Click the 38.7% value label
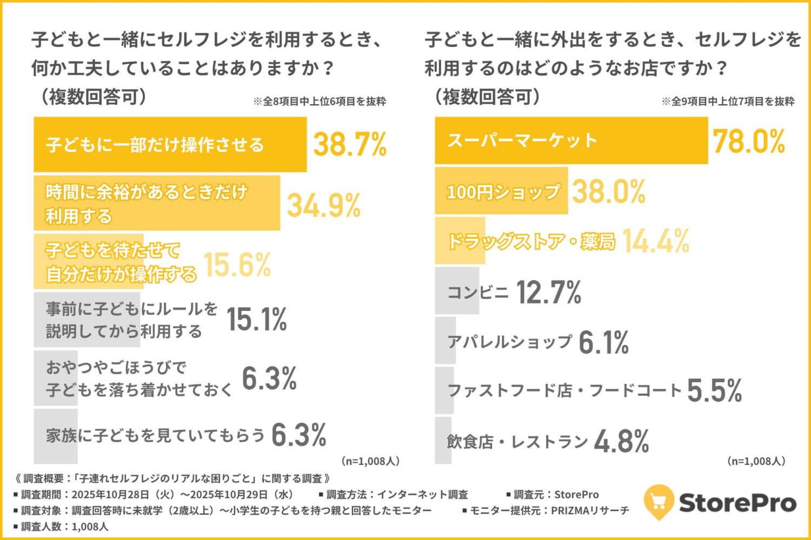tap(350, 144)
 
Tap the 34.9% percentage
tap(323, 205)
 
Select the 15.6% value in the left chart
tap(237, 265)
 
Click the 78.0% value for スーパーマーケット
tap(748, 141)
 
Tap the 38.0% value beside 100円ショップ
tap(609, 192)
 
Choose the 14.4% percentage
tap(655, 241)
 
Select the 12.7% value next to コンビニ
tap(548, 292)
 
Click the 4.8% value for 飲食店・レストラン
tap(621, 441)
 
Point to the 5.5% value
tap(714, 390)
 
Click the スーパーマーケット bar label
tap(522, 140)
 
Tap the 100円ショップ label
tap(503, 192)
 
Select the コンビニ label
tap(477, 293)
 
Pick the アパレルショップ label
tap(509, 342)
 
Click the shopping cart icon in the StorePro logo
tap(659, 502)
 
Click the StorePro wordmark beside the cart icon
tap(737, 502)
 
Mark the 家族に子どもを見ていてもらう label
tap(155, 435)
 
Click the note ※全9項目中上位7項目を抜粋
tap(728, 102)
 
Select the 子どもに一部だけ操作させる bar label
tap(155, 145)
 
